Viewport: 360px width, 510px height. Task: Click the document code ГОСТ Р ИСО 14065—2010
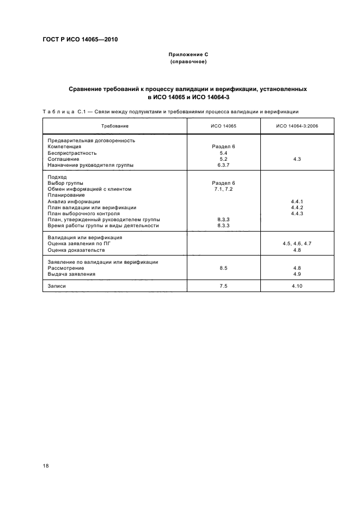[x=81, y=40]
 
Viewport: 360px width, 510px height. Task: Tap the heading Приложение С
[x=188, y=56]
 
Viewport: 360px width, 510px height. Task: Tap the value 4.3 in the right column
[x=297, y=159]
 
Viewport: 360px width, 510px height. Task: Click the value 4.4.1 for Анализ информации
[x=297, y=201]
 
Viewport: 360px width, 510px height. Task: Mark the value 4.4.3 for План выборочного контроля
[x=297, y=213]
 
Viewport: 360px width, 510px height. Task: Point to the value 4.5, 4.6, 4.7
[x=297, y=244]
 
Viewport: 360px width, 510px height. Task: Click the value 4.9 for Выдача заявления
[x=297, y=274]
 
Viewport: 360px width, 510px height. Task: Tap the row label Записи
[x=57, y=286]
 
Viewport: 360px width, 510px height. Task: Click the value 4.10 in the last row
[x=297, y=286]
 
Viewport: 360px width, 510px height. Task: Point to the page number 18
[x=45, y=466]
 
